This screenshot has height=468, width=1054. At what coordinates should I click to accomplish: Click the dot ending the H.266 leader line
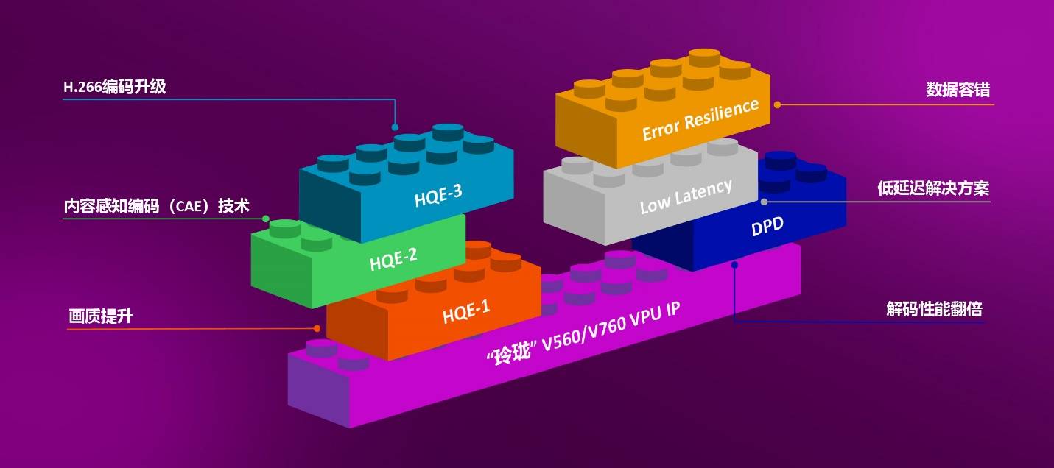coord(395,127)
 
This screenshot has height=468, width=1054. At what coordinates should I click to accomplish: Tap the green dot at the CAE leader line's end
coord(266,219)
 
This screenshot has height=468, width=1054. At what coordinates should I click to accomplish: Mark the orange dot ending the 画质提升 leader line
coord(317,328)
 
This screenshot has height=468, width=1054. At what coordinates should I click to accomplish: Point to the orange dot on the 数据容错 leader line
coord(777,104)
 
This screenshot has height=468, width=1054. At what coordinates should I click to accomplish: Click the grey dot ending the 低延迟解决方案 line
coord(764,202)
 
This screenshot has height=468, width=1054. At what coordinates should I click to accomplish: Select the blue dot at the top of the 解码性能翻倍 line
coord(734,265)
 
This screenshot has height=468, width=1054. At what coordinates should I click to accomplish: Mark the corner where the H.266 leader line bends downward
coord(395,99)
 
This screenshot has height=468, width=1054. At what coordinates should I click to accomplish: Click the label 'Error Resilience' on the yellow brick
coord(700,119)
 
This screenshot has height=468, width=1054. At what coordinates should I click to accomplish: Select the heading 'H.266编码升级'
coord(115,87)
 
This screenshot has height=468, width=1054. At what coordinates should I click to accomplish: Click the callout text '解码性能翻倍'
coord(935,310)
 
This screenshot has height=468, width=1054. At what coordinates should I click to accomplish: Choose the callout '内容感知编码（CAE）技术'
coord(156,206)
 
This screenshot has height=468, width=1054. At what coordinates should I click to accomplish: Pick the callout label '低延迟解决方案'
coord(933,188)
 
